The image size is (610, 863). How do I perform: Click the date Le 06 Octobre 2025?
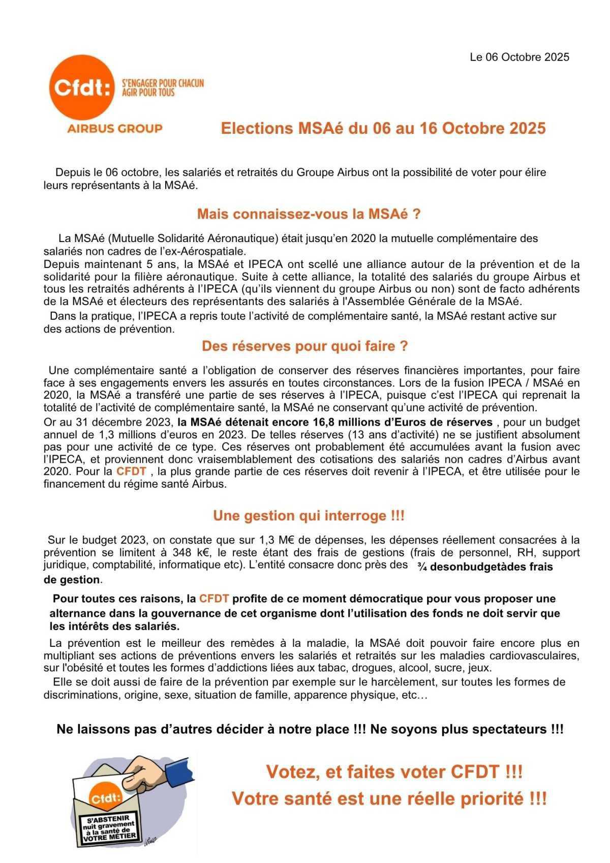pos(519,57)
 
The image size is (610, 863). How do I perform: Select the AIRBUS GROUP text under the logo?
pos(115,128)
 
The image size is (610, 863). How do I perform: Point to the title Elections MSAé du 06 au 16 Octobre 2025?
pos(383,128)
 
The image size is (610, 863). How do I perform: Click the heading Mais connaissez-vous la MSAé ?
pos(309,214)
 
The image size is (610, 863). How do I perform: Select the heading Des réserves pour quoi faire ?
pos(304,346)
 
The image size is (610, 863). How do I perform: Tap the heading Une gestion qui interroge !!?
pos(309,516)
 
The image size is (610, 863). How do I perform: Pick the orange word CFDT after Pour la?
pos(131,471)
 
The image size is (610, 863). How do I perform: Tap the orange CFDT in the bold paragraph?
pos(213,599)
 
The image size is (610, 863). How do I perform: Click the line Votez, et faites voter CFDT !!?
pos(394,772)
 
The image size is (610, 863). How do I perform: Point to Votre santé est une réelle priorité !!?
pos(389,798)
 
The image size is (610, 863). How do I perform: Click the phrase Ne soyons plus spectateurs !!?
pos(467,729)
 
